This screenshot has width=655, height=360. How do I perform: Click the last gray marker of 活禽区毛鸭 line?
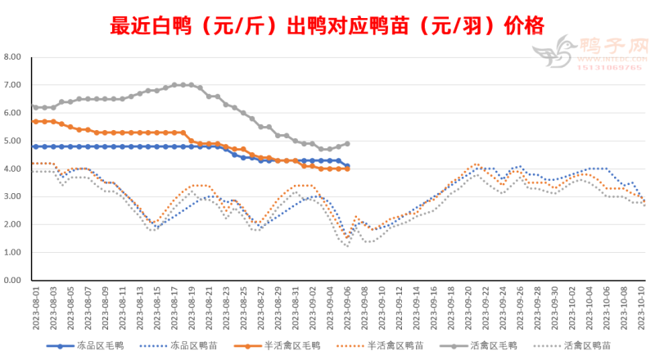[347, 143]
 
